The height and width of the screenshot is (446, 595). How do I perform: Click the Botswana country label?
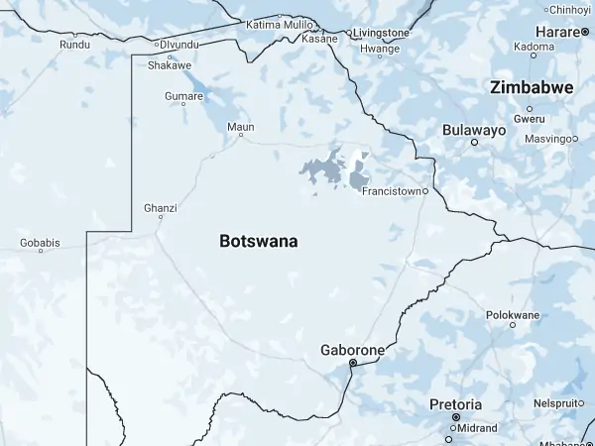(x=258, y=241)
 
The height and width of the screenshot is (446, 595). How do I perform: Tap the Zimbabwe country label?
(x=532, y=88)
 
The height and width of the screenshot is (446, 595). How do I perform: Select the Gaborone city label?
(x=352, y=350)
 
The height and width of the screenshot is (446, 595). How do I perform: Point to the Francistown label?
(x=393, y=190)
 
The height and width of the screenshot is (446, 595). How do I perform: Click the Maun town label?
(x=241, y=127)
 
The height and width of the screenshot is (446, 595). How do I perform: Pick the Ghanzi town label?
(x=160, y=208)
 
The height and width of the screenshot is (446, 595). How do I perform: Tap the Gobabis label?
(x=40, y=243)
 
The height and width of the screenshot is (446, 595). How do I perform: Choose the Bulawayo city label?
(x=474, y=130)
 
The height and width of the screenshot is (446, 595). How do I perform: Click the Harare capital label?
(x=556, y=33)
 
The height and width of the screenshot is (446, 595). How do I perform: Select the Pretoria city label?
(x=455, y=404)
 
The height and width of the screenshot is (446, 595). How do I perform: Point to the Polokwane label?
(x=513, y=315)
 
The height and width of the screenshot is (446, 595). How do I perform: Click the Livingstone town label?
(x=381, y=32)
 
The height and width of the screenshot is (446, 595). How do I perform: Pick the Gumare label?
(x=183, y=96)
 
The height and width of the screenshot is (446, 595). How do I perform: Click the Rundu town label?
(x=74, y=45)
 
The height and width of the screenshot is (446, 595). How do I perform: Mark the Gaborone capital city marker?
(x=352, y=364)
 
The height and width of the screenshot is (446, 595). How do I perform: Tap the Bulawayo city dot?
(x=474, y=142)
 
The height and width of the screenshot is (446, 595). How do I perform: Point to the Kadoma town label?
(x=535, y=47)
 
